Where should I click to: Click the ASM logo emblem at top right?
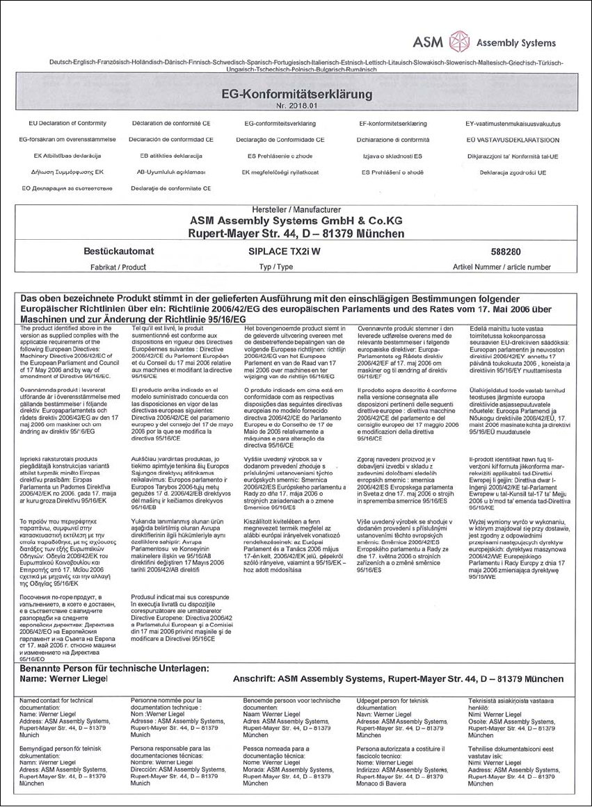tap(459, 42)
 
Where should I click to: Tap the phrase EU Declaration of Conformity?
tap(67, 123)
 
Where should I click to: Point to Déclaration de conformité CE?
tap(171, 123)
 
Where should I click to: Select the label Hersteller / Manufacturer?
tap(296, 209)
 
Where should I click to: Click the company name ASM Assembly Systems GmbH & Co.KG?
tap(296, 220)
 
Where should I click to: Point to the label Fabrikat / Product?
tap(114, 266)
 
